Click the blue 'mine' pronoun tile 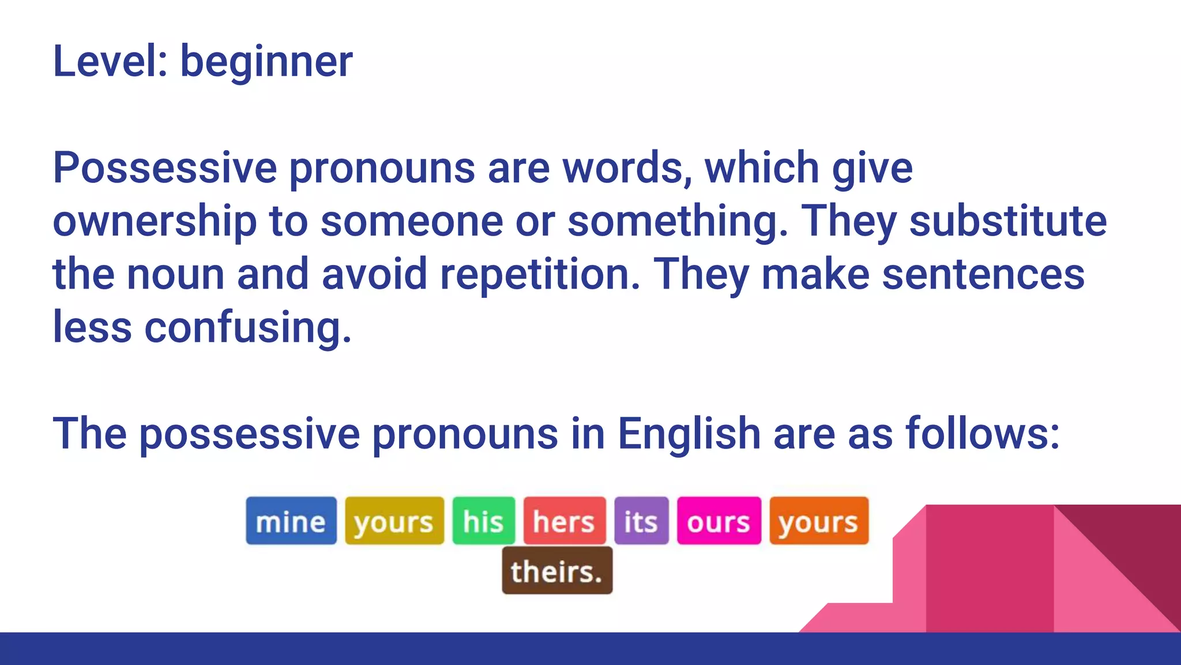coord(291,521)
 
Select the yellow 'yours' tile coord(394,521)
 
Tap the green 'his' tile coord(483,521)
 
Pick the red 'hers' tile coord(564,521)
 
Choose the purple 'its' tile coord(641,521)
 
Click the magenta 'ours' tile coord(719,521)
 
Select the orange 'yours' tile coord(818,521)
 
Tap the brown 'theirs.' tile coord(557,571)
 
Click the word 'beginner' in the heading coord(266,61)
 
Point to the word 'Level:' coord(110,61)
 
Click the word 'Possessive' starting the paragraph coord(165,168)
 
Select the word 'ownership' coord(155,222)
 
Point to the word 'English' coord(689,434)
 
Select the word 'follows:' coord(983,434)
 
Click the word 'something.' coord(678,222)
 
